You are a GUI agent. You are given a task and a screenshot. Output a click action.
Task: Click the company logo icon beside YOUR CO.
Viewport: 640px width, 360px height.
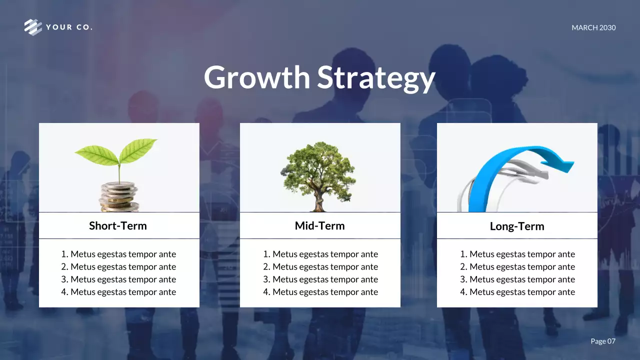33,27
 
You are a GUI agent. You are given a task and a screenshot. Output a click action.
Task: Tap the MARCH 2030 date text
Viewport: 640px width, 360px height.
593,28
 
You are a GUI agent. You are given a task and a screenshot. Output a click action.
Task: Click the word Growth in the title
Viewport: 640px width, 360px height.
257,77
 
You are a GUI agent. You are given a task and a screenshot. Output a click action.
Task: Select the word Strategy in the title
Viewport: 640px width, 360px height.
376,78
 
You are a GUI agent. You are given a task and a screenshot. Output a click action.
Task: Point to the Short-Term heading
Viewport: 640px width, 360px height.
118,225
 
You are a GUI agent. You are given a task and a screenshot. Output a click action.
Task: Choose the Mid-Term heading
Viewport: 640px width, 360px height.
319,225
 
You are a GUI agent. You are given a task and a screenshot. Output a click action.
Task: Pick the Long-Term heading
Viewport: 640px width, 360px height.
517,226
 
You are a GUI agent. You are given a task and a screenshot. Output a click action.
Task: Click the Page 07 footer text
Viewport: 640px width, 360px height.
603,341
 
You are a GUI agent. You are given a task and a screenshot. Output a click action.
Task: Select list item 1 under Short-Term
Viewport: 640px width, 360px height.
118,254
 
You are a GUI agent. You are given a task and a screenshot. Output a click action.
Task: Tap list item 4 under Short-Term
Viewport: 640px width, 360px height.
118,292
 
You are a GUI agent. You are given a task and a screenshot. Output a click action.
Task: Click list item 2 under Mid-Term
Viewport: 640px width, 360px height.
320,267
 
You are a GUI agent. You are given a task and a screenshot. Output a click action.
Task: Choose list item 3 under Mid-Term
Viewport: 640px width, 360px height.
320,279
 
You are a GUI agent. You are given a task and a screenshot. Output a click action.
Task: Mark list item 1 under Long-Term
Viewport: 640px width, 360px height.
517,254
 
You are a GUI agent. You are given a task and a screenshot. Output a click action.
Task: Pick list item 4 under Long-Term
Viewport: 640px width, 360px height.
517,292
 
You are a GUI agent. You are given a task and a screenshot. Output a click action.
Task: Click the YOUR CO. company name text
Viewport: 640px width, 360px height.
69,27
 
